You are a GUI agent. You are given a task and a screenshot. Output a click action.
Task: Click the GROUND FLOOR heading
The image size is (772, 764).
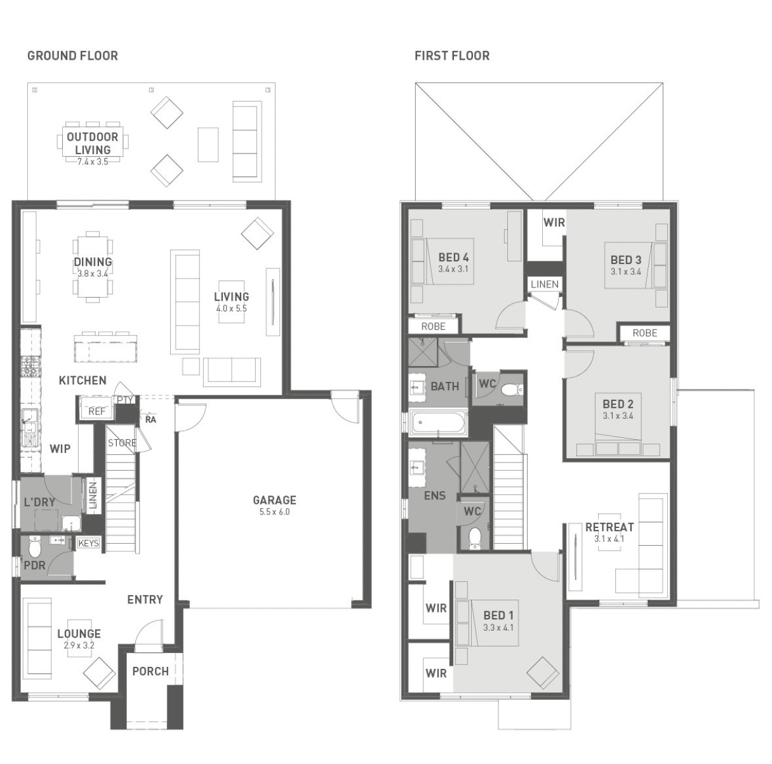click(x=72, y=56)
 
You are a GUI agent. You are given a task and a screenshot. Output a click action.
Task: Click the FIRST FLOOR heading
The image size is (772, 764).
click(x=452, y=56)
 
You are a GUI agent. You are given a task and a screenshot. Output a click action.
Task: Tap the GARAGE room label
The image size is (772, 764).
click(x=274, y=501)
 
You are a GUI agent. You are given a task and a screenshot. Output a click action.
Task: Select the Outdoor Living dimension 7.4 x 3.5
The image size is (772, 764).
click(x=93, y=162)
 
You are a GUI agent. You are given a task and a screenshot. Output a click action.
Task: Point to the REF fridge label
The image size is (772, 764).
click(x=97, y=411)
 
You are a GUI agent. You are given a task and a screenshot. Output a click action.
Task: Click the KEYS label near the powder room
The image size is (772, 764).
click(x=88, y=543)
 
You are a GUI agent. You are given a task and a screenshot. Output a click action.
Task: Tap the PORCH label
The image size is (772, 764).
click(x=150, y=671)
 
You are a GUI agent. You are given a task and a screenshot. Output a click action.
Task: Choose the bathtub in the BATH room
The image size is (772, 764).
click(x=439, y=423)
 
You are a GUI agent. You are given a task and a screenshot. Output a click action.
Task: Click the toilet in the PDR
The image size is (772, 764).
click(x=35, y=545)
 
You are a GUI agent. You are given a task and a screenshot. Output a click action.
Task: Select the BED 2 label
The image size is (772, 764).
click(x=618, y=404)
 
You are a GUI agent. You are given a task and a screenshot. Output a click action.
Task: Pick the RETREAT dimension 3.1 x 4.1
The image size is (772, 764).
click(x=609, y=539)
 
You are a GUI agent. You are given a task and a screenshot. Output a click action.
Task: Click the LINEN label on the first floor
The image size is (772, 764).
click(x=545, y=284)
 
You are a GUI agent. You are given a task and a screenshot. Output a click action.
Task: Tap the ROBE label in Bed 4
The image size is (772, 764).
click(x=433, y=326)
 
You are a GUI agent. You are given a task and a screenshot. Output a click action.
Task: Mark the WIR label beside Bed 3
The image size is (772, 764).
click(x=554, y=223)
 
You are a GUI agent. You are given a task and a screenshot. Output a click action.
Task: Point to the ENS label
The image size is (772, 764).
click(x=435, y=496)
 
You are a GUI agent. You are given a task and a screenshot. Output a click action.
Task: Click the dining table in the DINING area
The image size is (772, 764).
click(x=93, y=267)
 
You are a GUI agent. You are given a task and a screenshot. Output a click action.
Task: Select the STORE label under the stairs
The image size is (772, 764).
click(x=122, y=443)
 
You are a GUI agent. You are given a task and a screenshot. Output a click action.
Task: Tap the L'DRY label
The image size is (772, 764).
click(x=39, y=503)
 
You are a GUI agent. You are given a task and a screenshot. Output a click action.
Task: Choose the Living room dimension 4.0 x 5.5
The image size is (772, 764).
click(x=231, y=308)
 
